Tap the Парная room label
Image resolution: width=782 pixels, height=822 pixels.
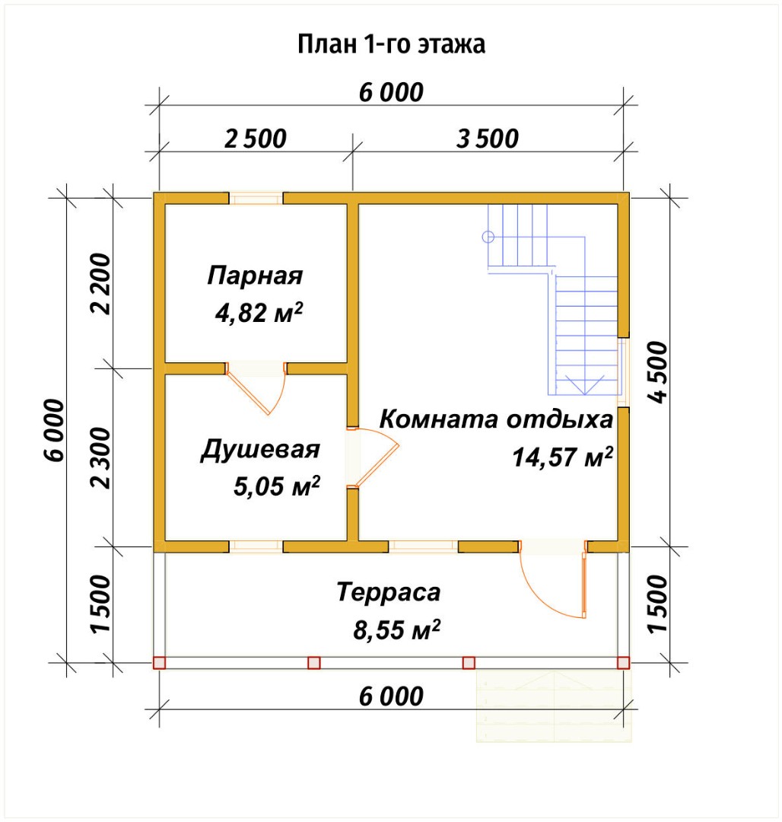(x=255, y=276)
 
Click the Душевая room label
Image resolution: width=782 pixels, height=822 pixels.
(x=260, y=450)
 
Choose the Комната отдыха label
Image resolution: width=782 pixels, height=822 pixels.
(x=495, y=419)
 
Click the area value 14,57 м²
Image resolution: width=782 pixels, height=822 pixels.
(x=562, y=457)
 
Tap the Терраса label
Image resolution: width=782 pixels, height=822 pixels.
(x=389, y=591)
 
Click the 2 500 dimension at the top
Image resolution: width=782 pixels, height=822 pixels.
(x=256, y=139)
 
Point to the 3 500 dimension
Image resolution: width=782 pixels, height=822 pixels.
(x=488, y=139)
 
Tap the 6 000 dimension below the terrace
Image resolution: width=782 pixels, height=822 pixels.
(x=390, y=696)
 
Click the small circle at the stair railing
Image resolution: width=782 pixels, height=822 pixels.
(x=488, y=237)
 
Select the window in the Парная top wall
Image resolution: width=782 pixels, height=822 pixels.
(x=256, y=199)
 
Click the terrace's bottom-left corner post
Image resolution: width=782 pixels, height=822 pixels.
(x=159, y=663)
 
